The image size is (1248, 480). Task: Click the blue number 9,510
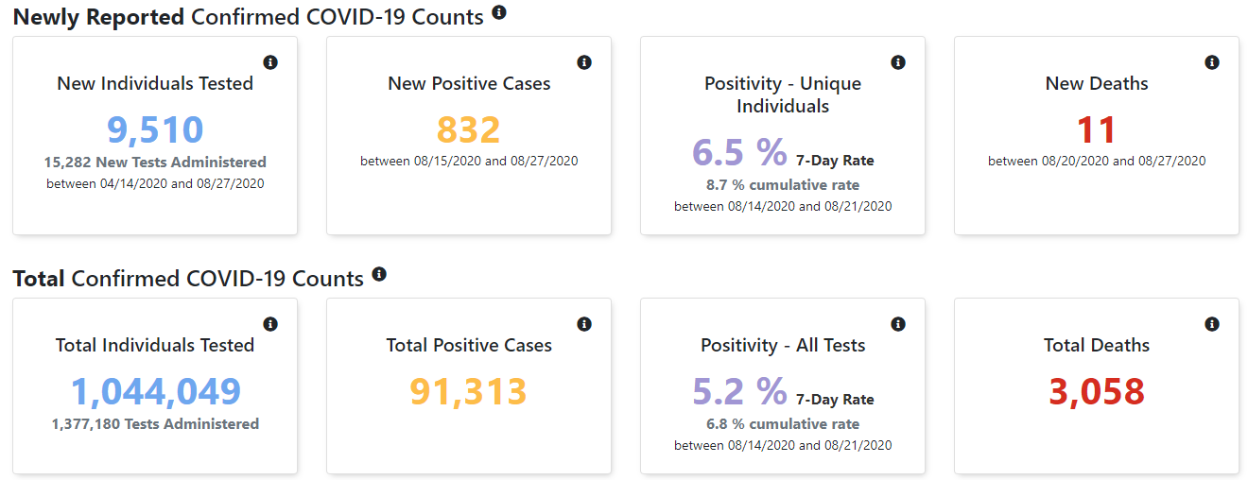click(155, 129)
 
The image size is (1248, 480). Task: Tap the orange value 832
click(469, 129)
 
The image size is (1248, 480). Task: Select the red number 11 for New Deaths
click(1096, 129)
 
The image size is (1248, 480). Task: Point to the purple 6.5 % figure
click(739, 152)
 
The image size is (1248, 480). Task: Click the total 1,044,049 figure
click(155, 391)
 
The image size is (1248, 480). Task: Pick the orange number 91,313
click(468, 391)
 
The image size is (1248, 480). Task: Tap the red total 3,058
click(1097, 391)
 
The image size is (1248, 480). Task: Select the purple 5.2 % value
click(739, 391)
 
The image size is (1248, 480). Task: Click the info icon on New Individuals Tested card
click(270, 62)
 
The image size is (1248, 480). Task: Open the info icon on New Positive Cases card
click(584, 62)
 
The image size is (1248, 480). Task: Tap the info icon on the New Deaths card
click(1212, 62)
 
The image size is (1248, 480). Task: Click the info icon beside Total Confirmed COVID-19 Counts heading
click(379, 274)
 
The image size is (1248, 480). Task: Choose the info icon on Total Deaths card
click(1212, 324)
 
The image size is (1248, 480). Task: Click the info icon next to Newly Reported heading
click(499, 12)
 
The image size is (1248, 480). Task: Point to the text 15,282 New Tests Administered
click(155, 162)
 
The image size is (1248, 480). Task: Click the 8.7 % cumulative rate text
click(783, 185)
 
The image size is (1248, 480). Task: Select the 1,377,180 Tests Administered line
click(155, 423)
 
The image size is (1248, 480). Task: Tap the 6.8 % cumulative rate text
click(783, 423)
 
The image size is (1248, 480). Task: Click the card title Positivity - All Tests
click(783, 345)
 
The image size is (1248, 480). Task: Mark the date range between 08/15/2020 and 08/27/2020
click(469, 161)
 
